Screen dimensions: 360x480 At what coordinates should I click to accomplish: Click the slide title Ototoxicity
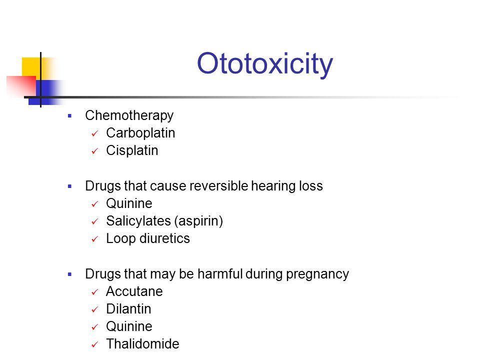pos(264,64)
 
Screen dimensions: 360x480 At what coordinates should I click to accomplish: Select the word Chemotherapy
pos(129,115)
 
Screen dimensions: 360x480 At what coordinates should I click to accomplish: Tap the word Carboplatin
pos(140,133)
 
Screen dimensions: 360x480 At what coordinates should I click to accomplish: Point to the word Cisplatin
pos(132,150)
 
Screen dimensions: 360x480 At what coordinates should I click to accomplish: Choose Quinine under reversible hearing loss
pos(129,203)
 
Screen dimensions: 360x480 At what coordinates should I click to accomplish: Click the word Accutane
pos(134,291)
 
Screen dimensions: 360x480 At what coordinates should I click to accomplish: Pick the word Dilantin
pos(128,309)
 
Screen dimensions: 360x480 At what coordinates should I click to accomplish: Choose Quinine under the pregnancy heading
pos(129,326)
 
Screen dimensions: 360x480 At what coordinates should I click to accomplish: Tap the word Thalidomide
pos(142,344)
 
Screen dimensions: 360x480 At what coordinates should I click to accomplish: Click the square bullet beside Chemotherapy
pos(70,116)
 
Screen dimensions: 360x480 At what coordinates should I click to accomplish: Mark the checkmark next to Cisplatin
pos(94,151)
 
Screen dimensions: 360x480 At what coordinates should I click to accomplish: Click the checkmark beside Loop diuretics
pos(94,239)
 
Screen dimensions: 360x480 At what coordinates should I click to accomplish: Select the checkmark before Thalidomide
pos(94,345)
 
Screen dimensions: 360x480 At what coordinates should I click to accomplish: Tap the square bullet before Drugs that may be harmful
pos(70,274)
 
